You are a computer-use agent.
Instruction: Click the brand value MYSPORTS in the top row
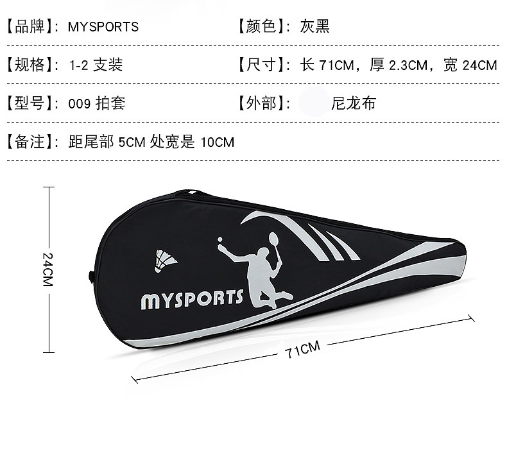[103, 27]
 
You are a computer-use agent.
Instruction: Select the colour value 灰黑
[314, 27]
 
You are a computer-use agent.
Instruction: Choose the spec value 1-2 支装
[96, 65]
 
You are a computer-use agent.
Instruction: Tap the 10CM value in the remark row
[218, 142]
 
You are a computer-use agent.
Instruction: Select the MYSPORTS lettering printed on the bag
[192, 298]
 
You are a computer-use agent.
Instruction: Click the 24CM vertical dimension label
[47, 269]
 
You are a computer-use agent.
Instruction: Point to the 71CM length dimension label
[302, 350]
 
